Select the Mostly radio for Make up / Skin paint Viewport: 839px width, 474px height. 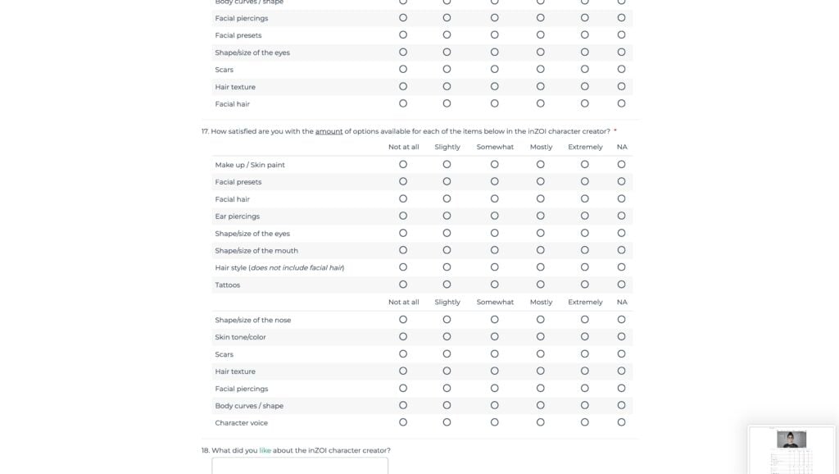[x=541, y=164]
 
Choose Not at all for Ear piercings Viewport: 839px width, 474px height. [x=403, y=216]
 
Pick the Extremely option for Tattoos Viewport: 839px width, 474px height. [x=585, y=285]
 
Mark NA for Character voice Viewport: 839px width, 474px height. [x=622, y=422]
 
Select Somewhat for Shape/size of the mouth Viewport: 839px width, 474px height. [x=495, y=250]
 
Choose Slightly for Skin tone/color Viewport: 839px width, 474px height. [x=447, y=336]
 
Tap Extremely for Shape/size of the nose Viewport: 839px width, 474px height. [x=585, y=319]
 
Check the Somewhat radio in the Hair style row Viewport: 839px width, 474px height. [x=495, y=267]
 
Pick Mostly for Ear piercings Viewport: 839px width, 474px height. [x=541, y=216]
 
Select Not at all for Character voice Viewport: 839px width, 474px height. [x=403, y=422]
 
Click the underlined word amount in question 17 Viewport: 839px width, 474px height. [x=329, y=131]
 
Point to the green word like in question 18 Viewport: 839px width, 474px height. [x=265, y=450]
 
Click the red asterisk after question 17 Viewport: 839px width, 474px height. [x=615, y=131]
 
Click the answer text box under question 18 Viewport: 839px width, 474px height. [x=300, y=466]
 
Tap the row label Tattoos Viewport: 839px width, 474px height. [x=228, y=285]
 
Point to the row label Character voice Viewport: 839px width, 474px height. [x=241, y=423]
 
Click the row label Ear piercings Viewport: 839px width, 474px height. [x=237, y=216]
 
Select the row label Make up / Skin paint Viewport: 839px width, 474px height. [x=250, y=165]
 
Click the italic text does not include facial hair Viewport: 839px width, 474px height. [x=297, y=268]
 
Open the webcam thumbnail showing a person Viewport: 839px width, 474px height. [x=791, y=440]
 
